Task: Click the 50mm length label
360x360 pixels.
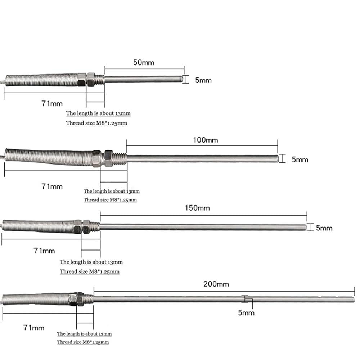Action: coord(144,62)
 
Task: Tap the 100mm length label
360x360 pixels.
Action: coord(206,140)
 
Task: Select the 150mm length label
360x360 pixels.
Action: coord(197,208)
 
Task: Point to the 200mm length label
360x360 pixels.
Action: coord(216,284)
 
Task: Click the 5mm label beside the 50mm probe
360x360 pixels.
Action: coord(203,80)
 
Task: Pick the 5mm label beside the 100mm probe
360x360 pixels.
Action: coord(300,159)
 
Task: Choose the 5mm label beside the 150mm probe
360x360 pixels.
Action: coord(324,228)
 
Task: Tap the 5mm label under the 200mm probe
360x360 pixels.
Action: coord(246,313)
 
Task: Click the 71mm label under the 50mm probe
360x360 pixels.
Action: coord(52,104)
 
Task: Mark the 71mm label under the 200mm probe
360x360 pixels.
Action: coord(34,328)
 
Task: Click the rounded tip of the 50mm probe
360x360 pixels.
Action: coord(181,79)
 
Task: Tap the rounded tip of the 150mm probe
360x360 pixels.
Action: coord(305,227)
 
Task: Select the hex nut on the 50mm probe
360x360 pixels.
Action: coord(90,80)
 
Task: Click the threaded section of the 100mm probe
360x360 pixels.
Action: coord(120,158)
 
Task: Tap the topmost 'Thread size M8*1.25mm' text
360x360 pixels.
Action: coord(96,123)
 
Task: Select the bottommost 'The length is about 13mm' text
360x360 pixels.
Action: coord(84,334)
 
